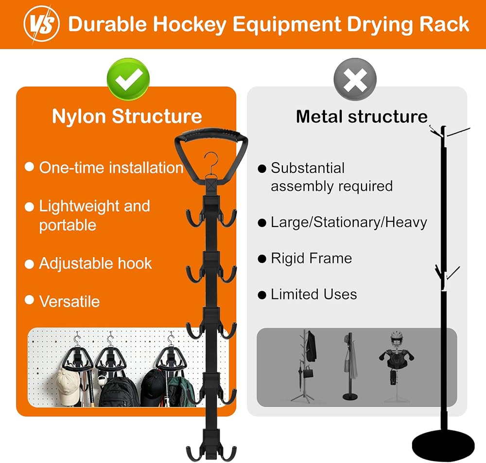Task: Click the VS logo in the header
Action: pos(41,24)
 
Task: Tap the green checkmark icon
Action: pos(128,79)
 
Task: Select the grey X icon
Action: pos(355,79)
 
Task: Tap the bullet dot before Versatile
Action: pos(29,300)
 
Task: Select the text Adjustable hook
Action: pos(95,264)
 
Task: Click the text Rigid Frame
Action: pos(312,259)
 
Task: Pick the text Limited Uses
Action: pos(313,294)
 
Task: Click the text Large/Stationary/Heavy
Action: pos(349,222)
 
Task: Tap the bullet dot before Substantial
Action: pos(262,168)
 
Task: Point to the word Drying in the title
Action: pos(380,24)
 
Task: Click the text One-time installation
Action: pos(111,167)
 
